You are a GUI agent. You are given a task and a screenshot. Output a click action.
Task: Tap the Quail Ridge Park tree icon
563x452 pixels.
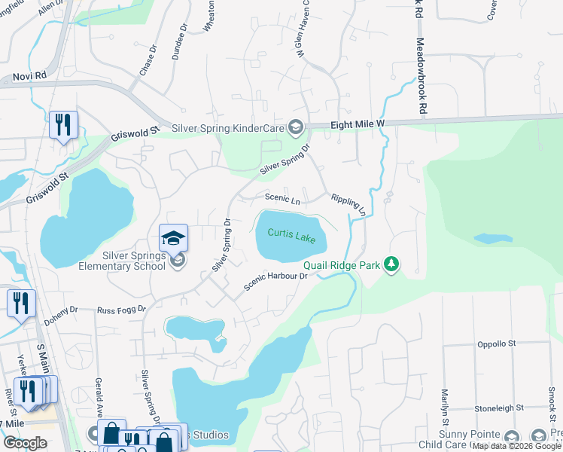point(391,264)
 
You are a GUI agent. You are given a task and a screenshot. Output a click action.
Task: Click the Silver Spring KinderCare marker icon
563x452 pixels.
point(295,127)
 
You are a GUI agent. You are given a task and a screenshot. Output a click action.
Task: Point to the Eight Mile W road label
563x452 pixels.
point(358,124)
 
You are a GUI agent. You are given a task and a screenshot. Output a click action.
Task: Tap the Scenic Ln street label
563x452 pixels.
point(282,200)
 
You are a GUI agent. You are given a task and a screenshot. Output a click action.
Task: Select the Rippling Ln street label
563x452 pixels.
point(348,205)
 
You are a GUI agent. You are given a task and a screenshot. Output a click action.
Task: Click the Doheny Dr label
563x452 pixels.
point(61,309)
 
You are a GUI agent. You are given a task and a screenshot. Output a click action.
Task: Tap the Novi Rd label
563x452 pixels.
point(30,77)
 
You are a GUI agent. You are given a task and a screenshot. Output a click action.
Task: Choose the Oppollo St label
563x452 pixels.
point(495,344)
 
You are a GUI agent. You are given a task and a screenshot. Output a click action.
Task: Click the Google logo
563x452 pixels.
point(25,443)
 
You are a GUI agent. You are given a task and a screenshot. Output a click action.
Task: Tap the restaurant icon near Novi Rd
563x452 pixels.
point(63,125)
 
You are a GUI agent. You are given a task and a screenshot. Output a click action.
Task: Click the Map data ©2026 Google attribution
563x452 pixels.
point(516,446)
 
